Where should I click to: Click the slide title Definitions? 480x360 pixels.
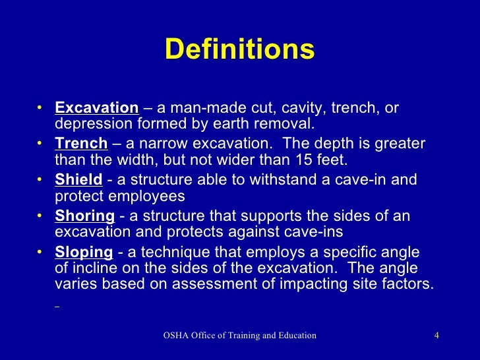pyautogui.click(x=239, y=50)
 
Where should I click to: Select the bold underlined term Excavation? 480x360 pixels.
pyautogui.click(x=96, y=108)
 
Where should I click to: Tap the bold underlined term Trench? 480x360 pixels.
pyautogui.click(x=81, y=144)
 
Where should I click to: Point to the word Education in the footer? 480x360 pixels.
pyautogui.click(x=295, y=336)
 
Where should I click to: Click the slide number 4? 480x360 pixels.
pyautogui.click(x=436, y=336)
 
